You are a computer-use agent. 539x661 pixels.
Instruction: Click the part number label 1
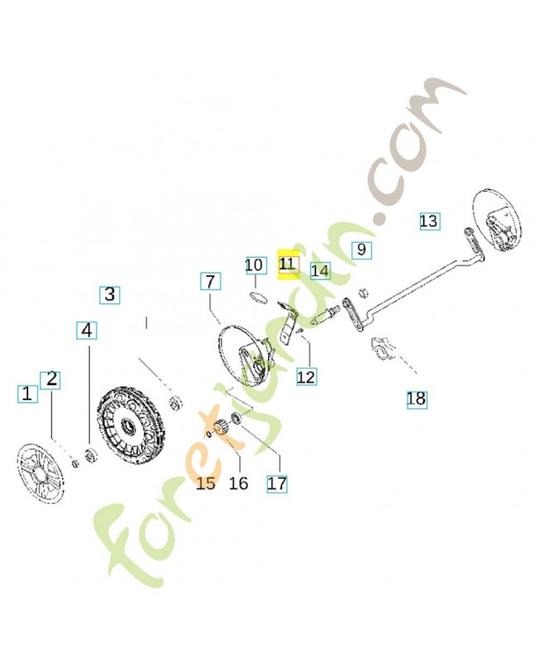click(x=28, y=393)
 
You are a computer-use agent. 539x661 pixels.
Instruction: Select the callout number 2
click(x=52, y=379)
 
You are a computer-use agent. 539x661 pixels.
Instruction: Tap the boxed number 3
click(x=111, y=293)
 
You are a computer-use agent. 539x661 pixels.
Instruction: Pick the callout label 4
click(x=88, y=330)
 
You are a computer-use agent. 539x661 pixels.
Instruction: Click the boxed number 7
click(x=210, y=282)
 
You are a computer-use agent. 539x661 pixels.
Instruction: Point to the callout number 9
click(x=361, y=249)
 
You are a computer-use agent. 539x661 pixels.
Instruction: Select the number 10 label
click(x=255, y=265)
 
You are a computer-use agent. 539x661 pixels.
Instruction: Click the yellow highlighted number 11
click(x=288, y=264)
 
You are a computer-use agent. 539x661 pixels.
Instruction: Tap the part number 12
click(x=306, y=377)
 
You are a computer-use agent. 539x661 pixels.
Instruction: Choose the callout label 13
click(x=428, y=221)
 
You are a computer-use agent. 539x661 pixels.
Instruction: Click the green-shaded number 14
click(x=320, y=270)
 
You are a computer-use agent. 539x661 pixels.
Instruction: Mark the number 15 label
click(x=206, y=482)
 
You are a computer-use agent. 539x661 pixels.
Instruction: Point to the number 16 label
click(x=238, y=483)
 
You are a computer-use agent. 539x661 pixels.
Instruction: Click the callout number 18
click(x=416, y=400)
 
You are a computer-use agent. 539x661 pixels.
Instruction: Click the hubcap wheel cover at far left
click(x=41, y=471)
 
